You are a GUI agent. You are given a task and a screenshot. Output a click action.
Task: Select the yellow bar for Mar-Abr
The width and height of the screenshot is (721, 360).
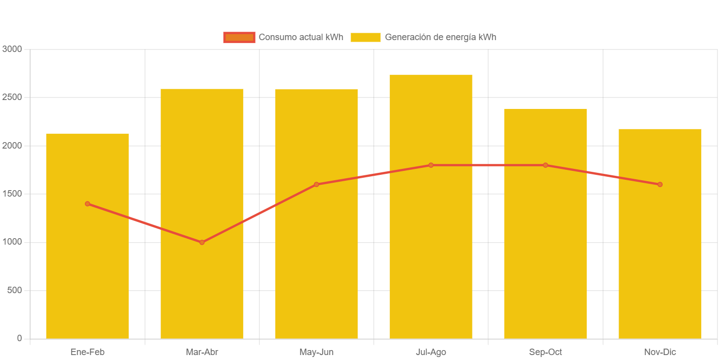[x=202, y=287]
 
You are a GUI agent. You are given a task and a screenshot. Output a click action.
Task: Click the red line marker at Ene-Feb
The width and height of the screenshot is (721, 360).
[x=87, y=204]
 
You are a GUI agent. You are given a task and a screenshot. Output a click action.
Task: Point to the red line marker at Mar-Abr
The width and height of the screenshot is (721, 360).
[x=202, y=242]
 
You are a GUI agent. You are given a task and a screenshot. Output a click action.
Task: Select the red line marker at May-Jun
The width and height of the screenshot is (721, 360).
[x=316, y=184]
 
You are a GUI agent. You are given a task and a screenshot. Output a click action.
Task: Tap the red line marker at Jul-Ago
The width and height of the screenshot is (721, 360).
[x=431, y=165]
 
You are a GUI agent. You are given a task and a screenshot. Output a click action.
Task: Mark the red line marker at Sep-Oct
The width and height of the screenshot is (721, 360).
[x=545, y=165]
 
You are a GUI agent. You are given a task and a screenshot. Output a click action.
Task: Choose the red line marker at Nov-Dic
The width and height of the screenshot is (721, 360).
[x=660, y=184]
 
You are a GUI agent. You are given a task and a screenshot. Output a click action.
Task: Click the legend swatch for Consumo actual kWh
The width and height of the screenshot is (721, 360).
[x=239, y=37]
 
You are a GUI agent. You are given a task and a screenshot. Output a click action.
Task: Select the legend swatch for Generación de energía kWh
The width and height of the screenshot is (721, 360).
[x=365, y=37]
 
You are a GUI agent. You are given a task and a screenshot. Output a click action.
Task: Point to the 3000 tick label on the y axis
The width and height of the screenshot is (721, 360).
[x=12, y=49]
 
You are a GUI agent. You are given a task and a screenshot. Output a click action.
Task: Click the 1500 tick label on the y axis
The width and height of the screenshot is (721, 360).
[x=12, y=194]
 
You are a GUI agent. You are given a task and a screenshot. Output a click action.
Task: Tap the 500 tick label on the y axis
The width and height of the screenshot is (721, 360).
[x=14, y=290]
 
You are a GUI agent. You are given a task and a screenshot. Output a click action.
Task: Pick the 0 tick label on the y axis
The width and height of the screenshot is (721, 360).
[x=19, y=338]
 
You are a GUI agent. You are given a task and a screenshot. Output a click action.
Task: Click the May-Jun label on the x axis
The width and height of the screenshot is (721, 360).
[x=316, y=352]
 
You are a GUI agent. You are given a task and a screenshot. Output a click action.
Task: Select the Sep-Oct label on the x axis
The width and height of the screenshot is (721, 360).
[x=545, y=352]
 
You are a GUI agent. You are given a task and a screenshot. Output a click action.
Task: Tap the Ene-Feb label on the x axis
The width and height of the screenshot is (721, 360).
[x=87, y=352]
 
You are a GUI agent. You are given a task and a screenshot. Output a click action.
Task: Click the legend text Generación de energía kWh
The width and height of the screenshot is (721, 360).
[x=440, y=37]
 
